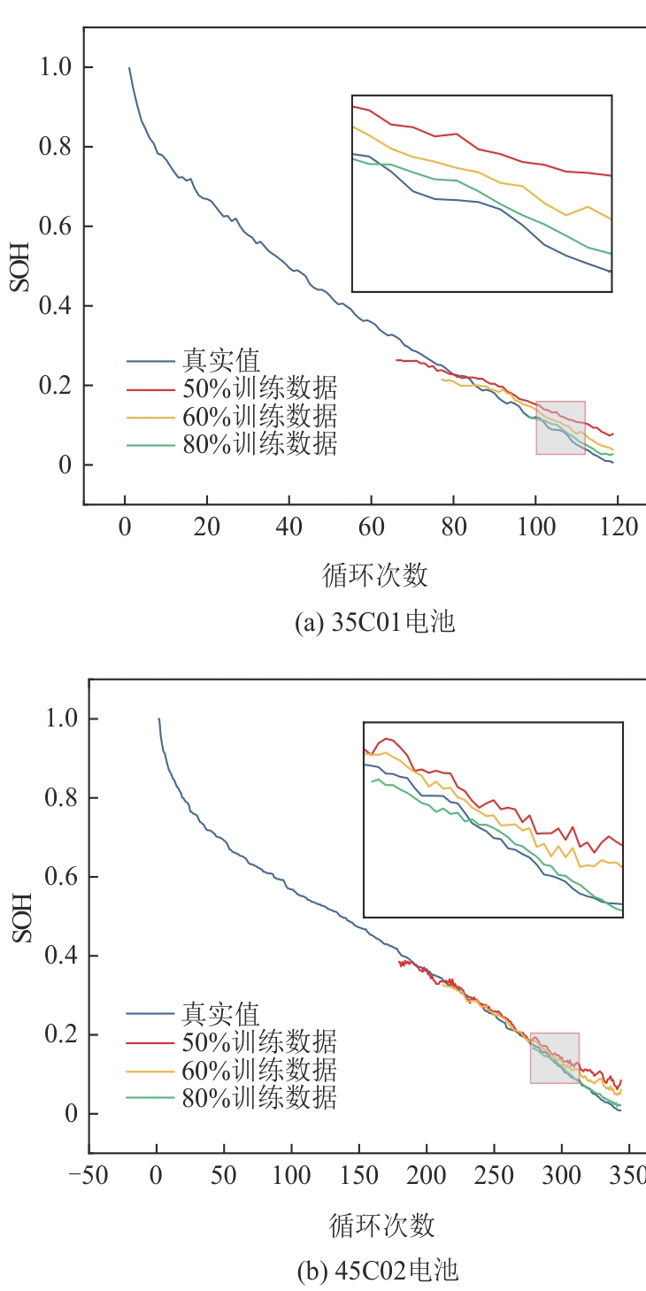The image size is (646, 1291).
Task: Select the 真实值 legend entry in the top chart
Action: point(221,361)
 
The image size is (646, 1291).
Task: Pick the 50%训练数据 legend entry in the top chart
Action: point(259,388)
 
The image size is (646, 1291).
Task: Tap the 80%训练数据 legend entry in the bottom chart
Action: point(259,1097)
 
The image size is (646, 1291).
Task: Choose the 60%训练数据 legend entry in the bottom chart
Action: point(259,1070)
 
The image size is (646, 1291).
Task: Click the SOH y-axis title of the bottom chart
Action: point(22,918)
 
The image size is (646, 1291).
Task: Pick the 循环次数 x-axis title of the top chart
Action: point(375,576)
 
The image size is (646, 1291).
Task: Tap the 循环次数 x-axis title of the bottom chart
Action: point(381,1226)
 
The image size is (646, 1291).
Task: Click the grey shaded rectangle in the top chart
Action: point(560,427)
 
